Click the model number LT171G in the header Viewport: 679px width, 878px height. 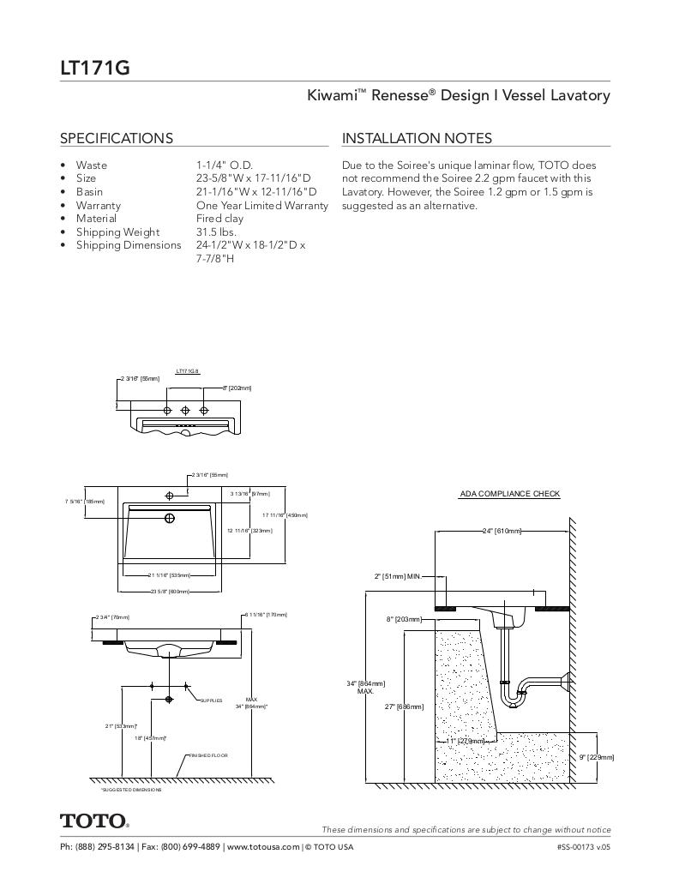pyautogui.click(x=95, y=67)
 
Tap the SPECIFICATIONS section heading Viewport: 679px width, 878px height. pyautogui.click(x=116, y=138)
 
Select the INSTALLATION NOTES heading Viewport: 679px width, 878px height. pyautogui.click(x=417, y=138)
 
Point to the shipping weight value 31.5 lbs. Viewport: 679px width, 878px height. pyautogui.click(x=216, y=232)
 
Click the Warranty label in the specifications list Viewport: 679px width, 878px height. pyautogui.click(x=98, y=206)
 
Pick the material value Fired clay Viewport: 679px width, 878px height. pyautogui.click(x=219, y=219)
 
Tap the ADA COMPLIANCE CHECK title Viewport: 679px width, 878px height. pyautogui.click(x=510, y=494)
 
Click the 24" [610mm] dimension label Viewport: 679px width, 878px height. pyautogui.click(x=502, y=532)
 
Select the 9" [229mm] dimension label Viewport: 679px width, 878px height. pyautogui.click(x=597, y=757)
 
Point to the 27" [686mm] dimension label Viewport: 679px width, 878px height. pyautogui.click(x=404, y=707)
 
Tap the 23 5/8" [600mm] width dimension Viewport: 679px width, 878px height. pyautogui.click(x=169, y=592)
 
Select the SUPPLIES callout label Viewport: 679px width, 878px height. pyautogui.click(x=211, y=701)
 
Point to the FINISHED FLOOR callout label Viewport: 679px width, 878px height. pyautogui.click(x=207, y=755)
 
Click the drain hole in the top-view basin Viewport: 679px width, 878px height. pyautogui.click(x=170, y=518)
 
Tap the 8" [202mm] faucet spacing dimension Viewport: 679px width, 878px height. pyautogui.click(x=237, y=388)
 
